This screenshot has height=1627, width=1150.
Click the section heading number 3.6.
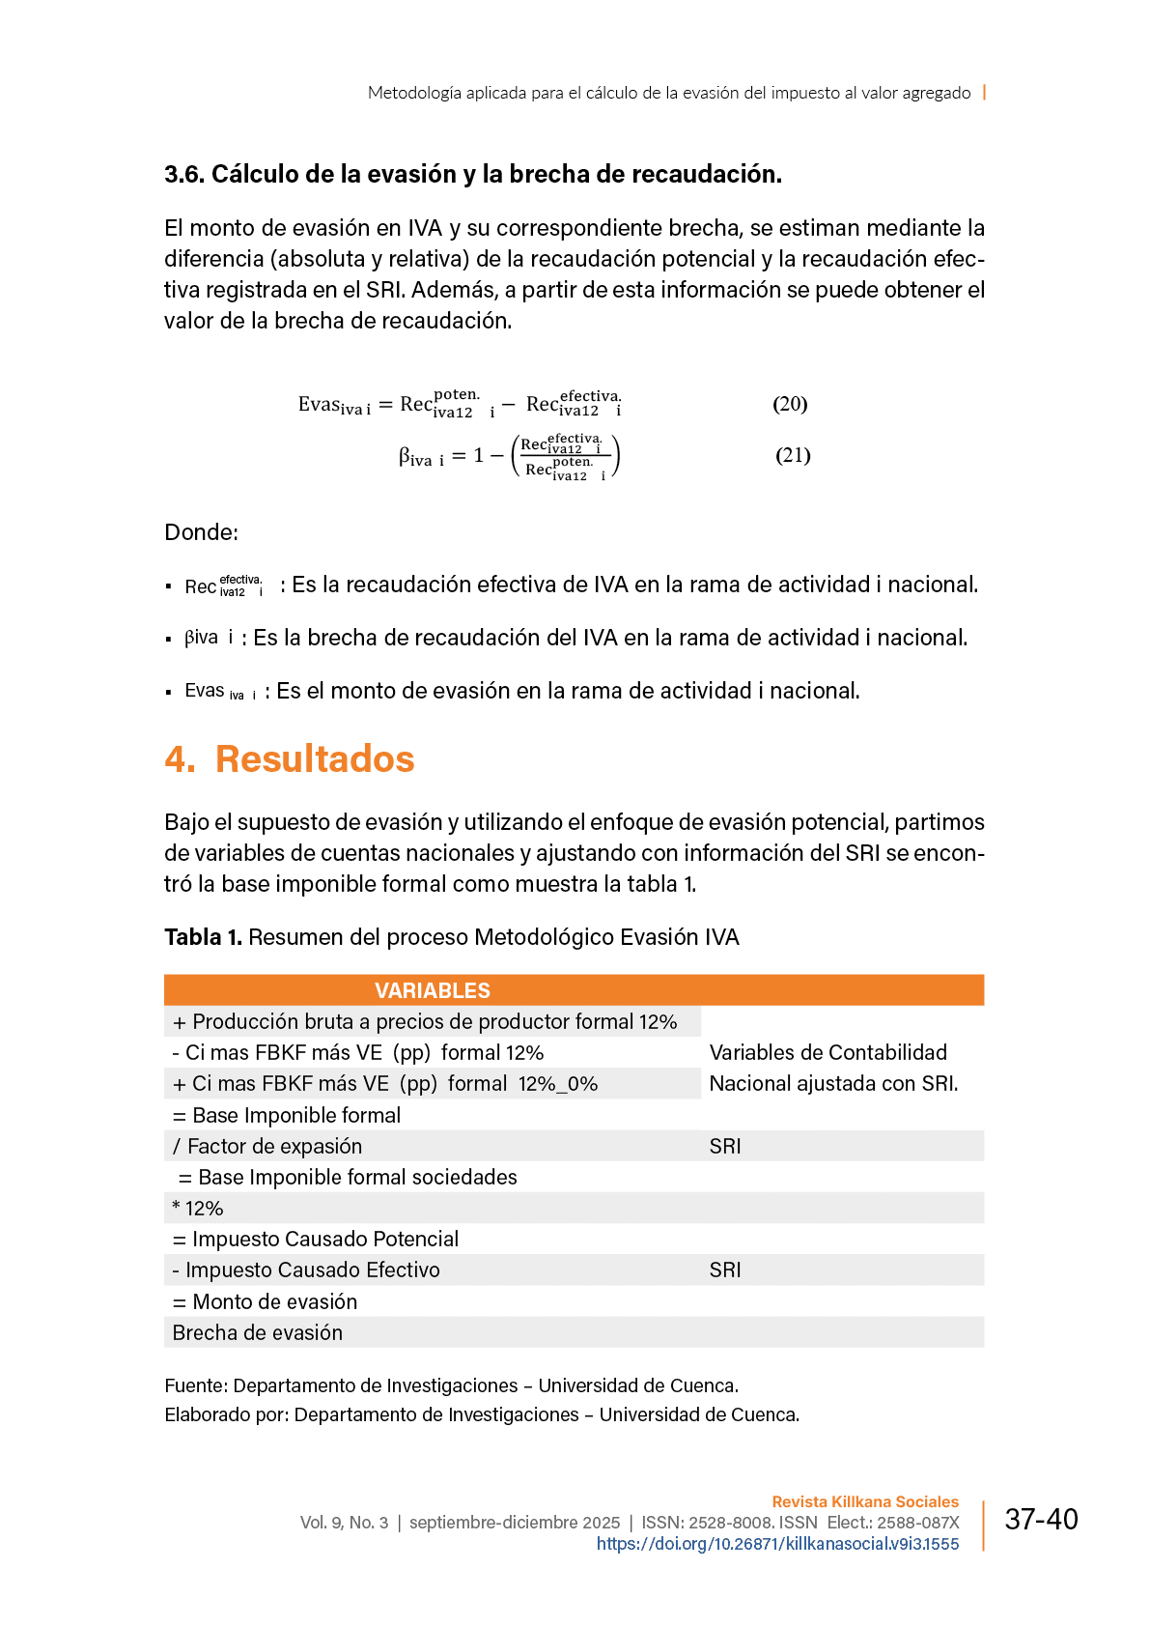coord(184,175)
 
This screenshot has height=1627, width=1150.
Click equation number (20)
coord(789,404)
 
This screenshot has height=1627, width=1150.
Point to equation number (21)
coord(793,455)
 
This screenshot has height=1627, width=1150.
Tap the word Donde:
coord(201,532)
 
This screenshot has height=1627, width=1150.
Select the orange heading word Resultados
coord(315,759)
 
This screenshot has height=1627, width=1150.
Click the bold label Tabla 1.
coord(203,937)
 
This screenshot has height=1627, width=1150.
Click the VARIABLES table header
coord(432,990)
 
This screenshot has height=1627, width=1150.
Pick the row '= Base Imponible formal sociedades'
coord(348,1177)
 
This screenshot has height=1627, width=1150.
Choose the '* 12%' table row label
coord(198,1209)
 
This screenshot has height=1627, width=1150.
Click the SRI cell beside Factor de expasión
coord(725,1146)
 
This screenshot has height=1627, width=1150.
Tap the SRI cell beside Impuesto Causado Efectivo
coord(725,1270)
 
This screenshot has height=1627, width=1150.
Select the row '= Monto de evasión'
coord(266,1301)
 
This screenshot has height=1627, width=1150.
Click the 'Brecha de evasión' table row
coord(258,1332)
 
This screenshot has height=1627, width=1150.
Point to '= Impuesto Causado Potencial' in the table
coord(316,1239)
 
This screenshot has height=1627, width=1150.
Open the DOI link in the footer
coord(777,1544)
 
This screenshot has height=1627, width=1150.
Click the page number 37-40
coord(1041,1520)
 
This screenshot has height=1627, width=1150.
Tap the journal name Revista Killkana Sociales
coord(865,1501)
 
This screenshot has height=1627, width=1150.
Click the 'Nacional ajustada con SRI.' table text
coord(833,1084)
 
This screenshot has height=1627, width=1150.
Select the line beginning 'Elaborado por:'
coord(482,1414)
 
